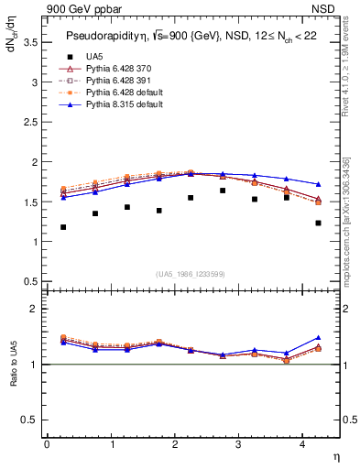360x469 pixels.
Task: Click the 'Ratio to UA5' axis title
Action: pyautogui.click(x=12, y=365)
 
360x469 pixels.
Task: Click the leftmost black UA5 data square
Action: pyautogui.click(x=63, y=226)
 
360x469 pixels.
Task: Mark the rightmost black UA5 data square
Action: pyautogui.click(x=318, y=223)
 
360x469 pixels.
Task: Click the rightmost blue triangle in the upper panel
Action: pyautogui.click(x=318, y=184)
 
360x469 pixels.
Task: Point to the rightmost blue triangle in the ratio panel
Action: pyautogui.click(x=318, y=338)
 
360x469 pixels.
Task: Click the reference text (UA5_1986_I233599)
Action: pyautogui.click(x=191, y=274)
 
